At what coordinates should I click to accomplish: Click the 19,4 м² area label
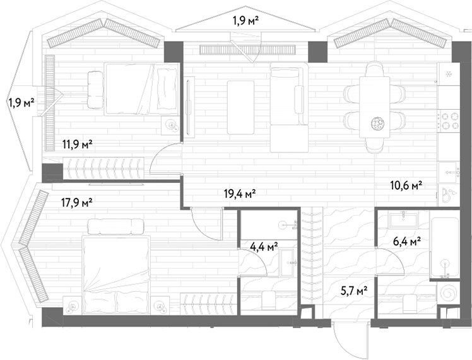coord(240,194)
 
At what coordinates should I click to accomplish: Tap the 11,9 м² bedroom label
coord(77,144)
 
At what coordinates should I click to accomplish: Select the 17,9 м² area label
coord(76,203)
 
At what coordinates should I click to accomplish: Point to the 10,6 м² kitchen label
coord(406,185)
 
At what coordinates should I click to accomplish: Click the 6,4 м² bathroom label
coord(406,241)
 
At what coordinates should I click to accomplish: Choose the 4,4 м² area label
coord(264,247)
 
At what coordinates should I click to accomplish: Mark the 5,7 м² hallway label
coord(354,291)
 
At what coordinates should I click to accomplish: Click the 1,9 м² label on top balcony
coord(245,21)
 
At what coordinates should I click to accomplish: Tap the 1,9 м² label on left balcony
coord(21,103)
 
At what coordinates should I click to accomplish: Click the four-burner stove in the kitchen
coord(449,120)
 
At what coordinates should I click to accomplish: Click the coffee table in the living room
coord(240,107)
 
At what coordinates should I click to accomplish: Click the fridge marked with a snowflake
coord(449,74)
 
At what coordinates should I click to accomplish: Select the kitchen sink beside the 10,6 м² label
coord(449,172)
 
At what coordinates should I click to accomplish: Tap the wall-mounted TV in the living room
coord(190,107)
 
